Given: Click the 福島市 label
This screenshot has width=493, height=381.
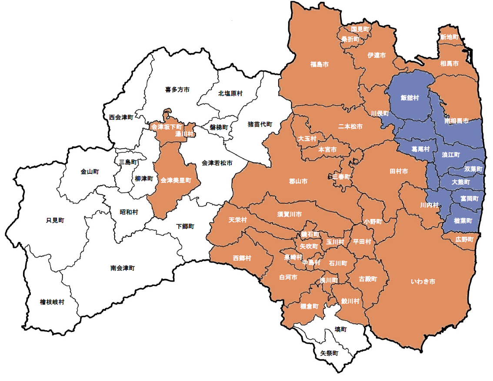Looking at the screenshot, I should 319,64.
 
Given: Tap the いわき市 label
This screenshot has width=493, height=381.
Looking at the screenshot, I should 423,282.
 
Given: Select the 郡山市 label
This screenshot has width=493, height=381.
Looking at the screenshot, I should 298,181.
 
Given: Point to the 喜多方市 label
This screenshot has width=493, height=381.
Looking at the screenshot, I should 177,90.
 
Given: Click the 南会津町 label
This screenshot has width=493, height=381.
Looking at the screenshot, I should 123,268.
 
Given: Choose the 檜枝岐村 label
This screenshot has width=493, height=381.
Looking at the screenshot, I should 52,301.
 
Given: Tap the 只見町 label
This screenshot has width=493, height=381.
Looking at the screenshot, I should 55,220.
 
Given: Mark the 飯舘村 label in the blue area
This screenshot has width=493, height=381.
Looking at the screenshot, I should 410,98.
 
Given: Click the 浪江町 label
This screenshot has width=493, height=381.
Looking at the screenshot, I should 450,155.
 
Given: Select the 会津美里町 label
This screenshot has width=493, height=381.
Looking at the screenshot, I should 176,180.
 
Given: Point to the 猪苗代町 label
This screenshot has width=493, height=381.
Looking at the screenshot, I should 260,124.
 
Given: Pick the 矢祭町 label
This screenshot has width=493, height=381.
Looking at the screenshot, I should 329,353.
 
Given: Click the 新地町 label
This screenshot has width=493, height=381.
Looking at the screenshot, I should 449,37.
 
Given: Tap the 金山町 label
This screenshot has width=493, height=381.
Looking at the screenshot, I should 90,172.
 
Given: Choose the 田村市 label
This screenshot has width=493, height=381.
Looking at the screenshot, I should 398,172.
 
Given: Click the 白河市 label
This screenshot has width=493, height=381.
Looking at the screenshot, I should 288,277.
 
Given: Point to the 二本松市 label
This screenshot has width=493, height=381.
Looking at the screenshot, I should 350,127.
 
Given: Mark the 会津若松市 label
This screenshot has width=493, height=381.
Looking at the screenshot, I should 217,163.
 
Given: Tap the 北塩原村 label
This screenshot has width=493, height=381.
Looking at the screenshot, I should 230,93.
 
